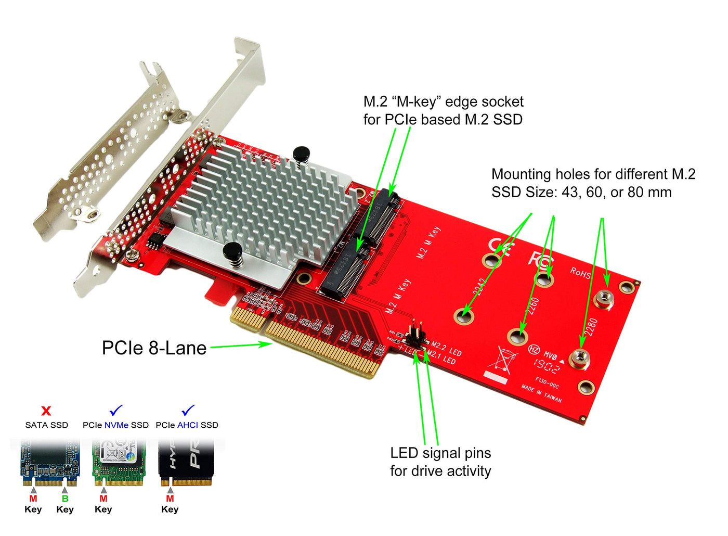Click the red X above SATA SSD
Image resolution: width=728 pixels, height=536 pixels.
click(x=46, y=411)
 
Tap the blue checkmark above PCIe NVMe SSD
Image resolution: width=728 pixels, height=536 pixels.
click(x=116, y=410)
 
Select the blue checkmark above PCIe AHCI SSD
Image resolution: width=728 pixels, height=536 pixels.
click(x=187, y=410)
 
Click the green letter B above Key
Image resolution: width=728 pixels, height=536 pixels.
click(x=65, y=499)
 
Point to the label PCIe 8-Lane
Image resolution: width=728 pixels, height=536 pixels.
click(x=154, y=348)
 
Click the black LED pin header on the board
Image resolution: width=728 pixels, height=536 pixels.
click(x=417, y=336)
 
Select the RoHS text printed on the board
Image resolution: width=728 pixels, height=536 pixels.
click(x=580, y=272)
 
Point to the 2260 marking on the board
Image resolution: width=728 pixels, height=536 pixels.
click(x=532, y=307)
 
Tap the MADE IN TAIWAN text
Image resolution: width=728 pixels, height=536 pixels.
click(x=542, y=393)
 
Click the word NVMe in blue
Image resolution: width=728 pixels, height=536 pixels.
click(x=116, y=425)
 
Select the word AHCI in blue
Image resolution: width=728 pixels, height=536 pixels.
click(x=187, y=425)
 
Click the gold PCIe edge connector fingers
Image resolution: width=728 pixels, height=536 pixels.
click(x=312, y=343)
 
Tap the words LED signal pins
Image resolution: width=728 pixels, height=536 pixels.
click(x=440, y=453)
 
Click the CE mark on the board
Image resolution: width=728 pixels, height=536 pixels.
click(x=499, y=247)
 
